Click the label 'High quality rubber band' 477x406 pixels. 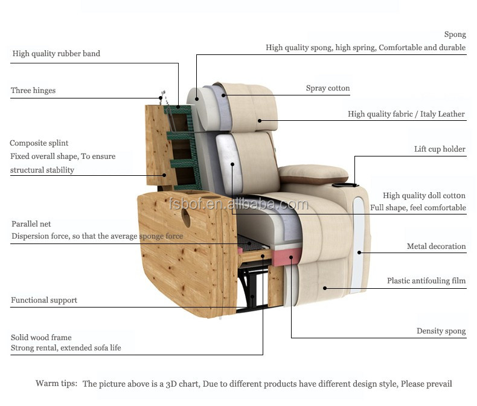[x=56, y=54]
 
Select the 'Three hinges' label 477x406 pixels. [x=33, y=91]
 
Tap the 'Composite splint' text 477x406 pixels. [x=39, y=143]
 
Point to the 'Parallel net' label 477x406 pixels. [x=31, y=224]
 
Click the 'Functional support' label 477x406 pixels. [x=44, y=300]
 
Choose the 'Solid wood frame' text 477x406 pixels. [x=41, y=338]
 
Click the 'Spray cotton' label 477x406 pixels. [x=328, y=88]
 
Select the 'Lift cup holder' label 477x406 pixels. [x=440, y=149]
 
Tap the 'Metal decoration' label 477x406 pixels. [x=436, y=246]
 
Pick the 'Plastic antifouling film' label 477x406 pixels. [x=426, y=281]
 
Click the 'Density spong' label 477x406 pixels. [x=441, y=331]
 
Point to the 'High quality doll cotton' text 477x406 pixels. [x=424, y=196]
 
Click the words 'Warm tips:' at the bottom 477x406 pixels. [x=56, y=384]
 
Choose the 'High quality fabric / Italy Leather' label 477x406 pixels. [x=406, y=114]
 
